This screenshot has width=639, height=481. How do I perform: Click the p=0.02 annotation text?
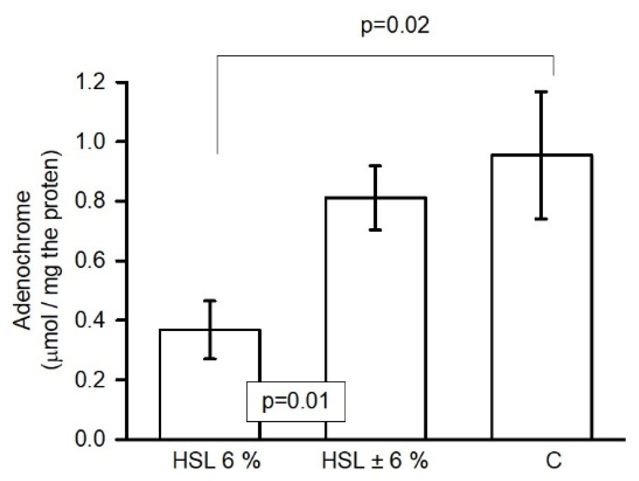pos(395,26)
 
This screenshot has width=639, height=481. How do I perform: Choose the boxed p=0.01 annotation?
pos(296,401)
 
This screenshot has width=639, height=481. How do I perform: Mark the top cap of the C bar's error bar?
pos(541,92)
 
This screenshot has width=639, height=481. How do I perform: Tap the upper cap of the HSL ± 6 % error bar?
pos(376,166)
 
